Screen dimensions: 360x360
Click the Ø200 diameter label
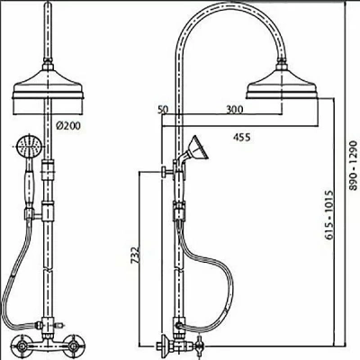point(68,126)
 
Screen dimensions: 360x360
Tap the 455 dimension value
point(242,138)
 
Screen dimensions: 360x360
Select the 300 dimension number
point(234,109)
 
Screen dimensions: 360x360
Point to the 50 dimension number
point(163,110)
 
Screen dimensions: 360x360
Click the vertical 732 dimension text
point(136,256)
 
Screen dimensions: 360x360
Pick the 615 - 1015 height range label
point(329,214)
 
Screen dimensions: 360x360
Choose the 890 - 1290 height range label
point(355,165)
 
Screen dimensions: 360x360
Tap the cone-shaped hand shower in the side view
point(197,148)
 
